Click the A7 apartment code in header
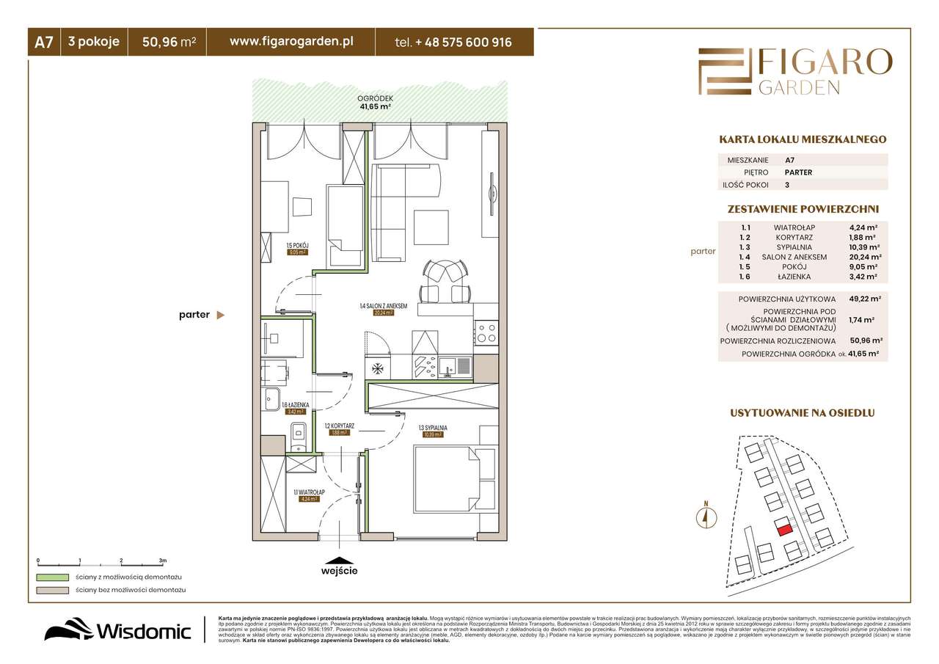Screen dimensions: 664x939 click(x=43, y=43)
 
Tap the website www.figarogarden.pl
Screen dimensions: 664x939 click(x=291, y=42)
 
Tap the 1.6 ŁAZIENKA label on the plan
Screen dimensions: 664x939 click(x=296, y=404)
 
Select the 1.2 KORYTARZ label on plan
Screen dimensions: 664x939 click(x=340, y=426)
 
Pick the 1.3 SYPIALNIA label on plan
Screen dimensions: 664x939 click(x=433, y=427)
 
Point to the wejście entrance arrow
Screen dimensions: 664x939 click(x=340, y=559)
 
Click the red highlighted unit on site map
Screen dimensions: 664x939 click(x=784, y=528)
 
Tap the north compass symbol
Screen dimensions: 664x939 click(x=706, y=516)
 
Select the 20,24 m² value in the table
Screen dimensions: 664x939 click(x=865, y=257)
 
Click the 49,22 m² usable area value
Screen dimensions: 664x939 click(x=865, y=299)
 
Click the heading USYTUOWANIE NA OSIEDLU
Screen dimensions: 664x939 click(x=803, y=413)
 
